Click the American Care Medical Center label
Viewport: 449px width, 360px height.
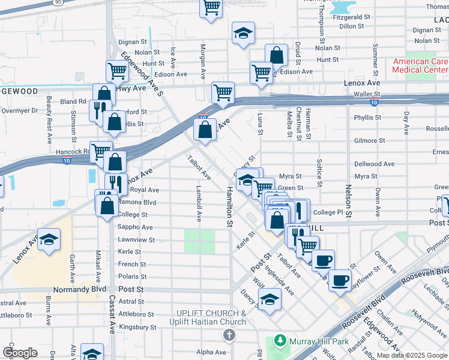[x=420, y=65]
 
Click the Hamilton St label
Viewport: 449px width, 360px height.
[x=229, y=207]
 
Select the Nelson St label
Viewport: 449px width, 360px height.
[x=348, y=202]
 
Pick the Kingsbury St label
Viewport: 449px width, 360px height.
[x=137, y=328]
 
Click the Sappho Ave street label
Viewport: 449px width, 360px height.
[x=136, y=227]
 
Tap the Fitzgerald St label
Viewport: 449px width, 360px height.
[x=351, y=17]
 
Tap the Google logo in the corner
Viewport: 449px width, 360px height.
[x=20, y=353]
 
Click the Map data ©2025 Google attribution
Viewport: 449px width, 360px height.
[x=411, y=355]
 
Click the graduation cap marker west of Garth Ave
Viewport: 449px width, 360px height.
[x=49, y=240]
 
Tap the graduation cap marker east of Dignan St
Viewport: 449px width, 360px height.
[x=243, y=34]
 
